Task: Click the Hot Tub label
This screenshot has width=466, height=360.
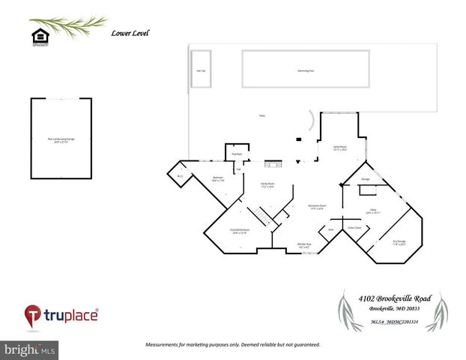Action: pos(201,70)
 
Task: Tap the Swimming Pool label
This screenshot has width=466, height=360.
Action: pos(305,70)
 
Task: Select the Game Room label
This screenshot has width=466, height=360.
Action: pos(339,148)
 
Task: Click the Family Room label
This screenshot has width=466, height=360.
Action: pos(267,184)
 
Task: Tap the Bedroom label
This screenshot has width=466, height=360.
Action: pos(219,179)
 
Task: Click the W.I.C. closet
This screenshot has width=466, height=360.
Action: pos(180,176)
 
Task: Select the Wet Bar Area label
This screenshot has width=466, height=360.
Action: pos(305,245)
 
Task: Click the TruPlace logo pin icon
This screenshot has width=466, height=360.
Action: pos(32,315)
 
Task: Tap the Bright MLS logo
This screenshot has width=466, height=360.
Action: pos(29,349)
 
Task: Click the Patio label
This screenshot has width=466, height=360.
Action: pos(262,116)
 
